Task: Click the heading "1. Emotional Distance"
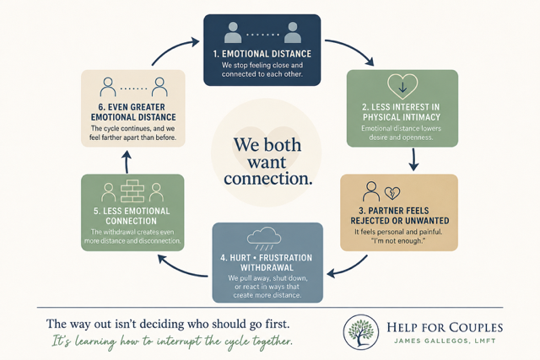pyautogui.click(x=262, y=54)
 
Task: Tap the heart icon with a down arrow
pyautogui.click(x=402, y=86)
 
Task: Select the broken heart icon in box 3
pyautogui.click(x=392, y=193)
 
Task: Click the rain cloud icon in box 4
pyautogui.click(x=264, y=239)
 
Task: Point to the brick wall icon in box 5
pyautogui.click(x=132, y=191)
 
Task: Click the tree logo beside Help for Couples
pyautogui.click(x=360, y=332)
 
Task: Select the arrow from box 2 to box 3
pyautogui.click(x=413, y=159)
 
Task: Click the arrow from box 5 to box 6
pyautogui.click(x=127, y=162)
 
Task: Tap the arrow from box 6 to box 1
pyautogui.click(x=172, y=49)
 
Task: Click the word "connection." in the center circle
pyautogui.click(x=268, y=179)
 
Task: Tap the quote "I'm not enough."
pyautogui.click(x=398, y=241)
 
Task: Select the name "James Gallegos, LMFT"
pyautogui.click(x=445, y=341)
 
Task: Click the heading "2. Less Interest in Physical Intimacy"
pyautogui.click(x=402, y=112)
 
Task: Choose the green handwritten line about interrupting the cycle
pyautogui.click(x=172, y=341)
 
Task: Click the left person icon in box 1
pyautogui.click(x=233, y=33)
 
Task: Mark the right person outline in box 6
pyautogui.click(x=159, y=87)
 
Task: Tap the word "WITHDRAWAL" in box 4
pyautogui.click(x=267, y=268)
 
